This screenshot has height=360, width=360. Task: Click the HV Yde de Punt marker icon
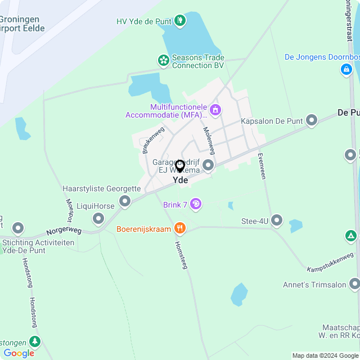180,21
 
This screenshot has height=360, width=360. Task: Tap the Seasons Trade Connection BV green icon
163,60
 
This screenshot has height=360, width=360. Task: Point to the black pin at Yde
180,166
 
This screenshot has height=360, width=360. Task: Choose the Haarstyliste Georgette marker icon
125,201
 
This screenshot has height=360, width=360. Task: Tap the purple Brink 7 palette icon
196,204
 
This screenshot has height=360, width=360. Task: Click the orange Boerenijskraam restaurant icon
180,228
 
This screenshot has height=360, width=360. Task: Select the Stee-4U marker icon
277,220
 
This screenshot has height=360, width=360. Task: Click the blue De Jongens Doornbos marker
346,70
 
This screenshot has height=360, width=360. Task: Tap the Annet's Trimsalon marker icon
354,284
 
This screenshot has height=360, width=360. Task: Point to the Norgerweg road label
64,231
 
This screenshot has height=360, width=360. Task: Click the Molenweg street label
209,141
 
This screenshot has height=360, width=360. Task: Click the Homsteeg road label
181,255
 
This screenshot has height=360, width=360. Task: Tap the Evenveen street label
262,166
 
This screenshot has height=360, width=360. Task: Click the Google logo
19,353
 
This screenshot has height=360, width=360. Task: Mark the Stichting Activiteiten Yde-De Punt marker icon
18,228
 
